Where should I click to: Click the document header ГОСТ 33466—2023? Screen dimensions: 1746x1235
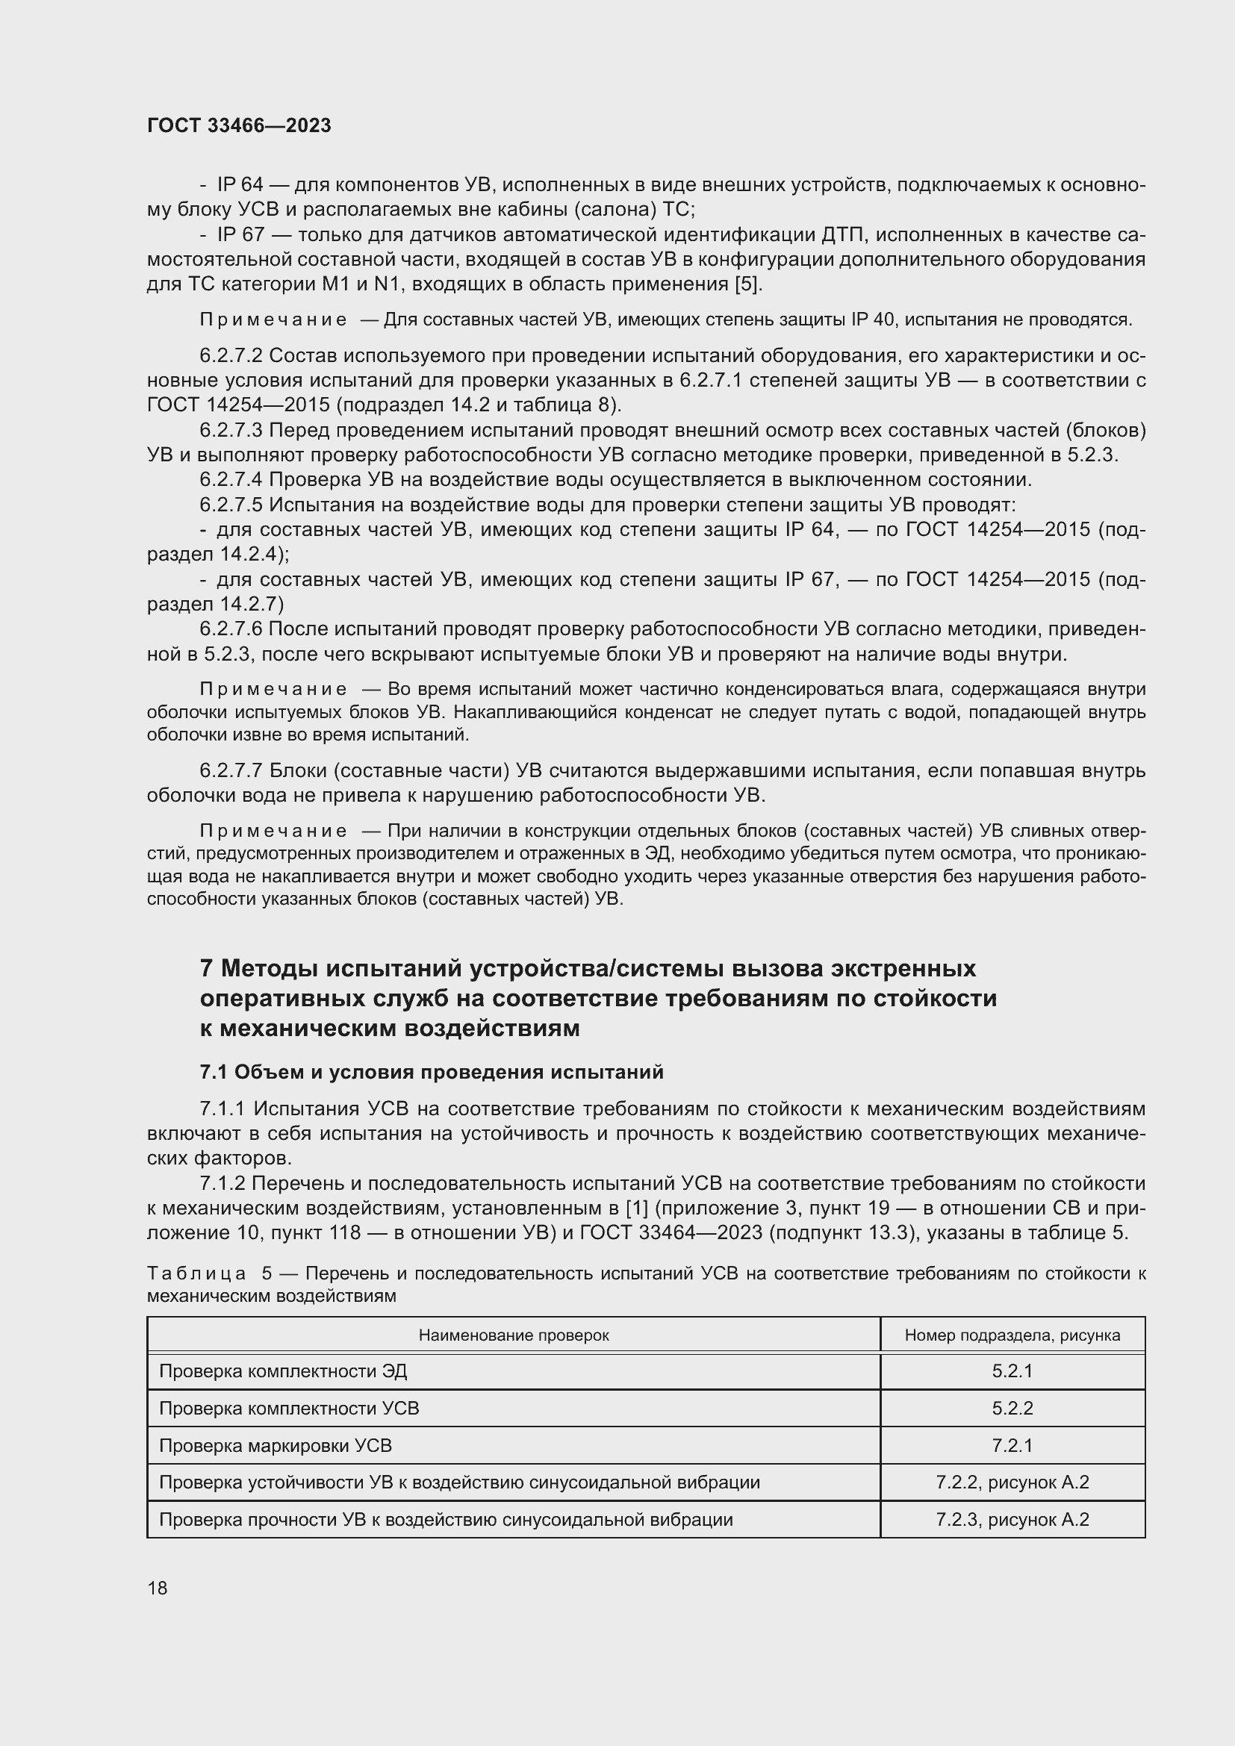coord(239,126)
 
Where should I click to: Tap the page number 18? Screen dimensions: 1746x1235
coord(158,1588)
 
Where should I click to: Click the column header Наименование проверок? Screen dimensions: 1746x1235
coord(513,1335)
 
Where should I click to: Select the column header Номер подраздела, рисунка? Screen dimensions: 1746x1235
coord(1012,1335)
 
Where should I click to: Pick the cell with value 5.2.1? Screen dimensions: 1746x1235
coord(1012,1371)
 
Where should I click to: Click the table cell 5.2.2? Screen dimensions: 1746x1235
coord(1012,1409)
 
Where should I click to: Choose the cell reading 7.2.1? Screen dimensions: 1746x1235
coord(1012,1446)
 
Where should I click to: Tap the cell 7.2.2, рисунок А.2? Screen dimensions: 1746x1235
coord(1012,1482)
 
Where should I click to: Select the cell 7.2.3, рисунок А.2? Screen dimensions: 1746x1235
coord(1012,1519)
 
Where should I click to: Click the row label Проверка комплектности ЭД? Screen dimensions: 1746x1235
coord(283,1371)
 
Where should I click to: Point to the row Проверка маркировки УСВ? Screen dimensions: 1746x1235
coord(276,1446)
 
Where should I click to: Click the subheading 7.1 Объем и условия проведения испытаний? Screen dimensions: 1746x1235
coord(431,1072)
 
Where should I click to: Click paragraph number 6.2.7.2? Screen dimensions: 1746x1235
coord(231,356)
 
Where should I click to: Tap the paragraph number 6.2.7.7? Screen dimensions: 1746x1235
coord(231,771)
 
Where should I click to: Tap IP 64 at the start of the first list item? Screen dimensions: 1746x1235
coord(240,185)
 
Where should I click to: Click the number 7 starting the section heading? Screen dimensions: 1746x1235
coord(206,969)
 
